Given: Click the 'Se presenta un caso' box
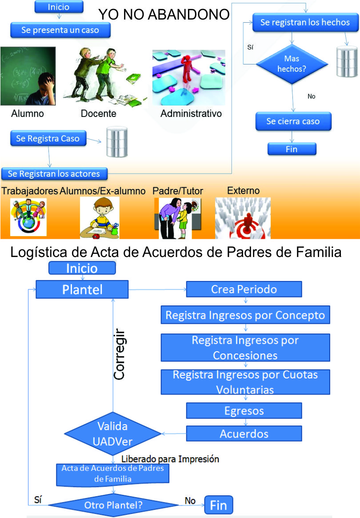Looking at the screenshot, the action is click(60, 30).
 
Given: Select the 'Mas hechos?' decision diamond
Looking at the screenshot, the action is click(292, 64).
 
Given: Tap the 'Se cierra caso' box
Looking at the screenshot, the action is click(293, 121).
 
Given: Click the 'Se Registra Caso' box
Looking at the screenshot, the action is click(48, 138).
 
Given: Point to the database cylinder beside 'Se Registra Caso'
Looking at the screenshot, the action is click(117, 142).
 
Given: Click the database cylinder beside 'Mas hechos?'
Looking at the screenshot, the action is click(347, 61).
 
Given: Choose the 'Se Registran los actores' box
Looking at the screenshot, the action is click(54, 174).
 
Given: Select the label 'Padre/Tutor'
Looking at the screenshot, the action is click(178, 191).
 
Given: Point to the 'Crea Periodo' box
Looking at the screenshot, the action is click(244, 289).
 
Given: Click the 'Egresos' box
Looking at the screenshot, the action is click(244, 411).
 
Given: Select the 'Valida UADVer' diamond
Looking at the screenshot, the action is click(112, 434).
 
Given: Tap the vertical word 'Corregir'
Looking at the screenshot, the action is click(119, 354).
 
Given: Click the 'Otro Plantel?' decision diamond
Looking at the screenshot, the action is click(113, 505).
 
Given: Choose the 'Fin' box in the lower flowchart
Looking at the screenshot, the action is click(219, 505).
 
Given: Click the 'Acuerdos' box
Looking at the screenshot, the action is click(244, 434).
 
